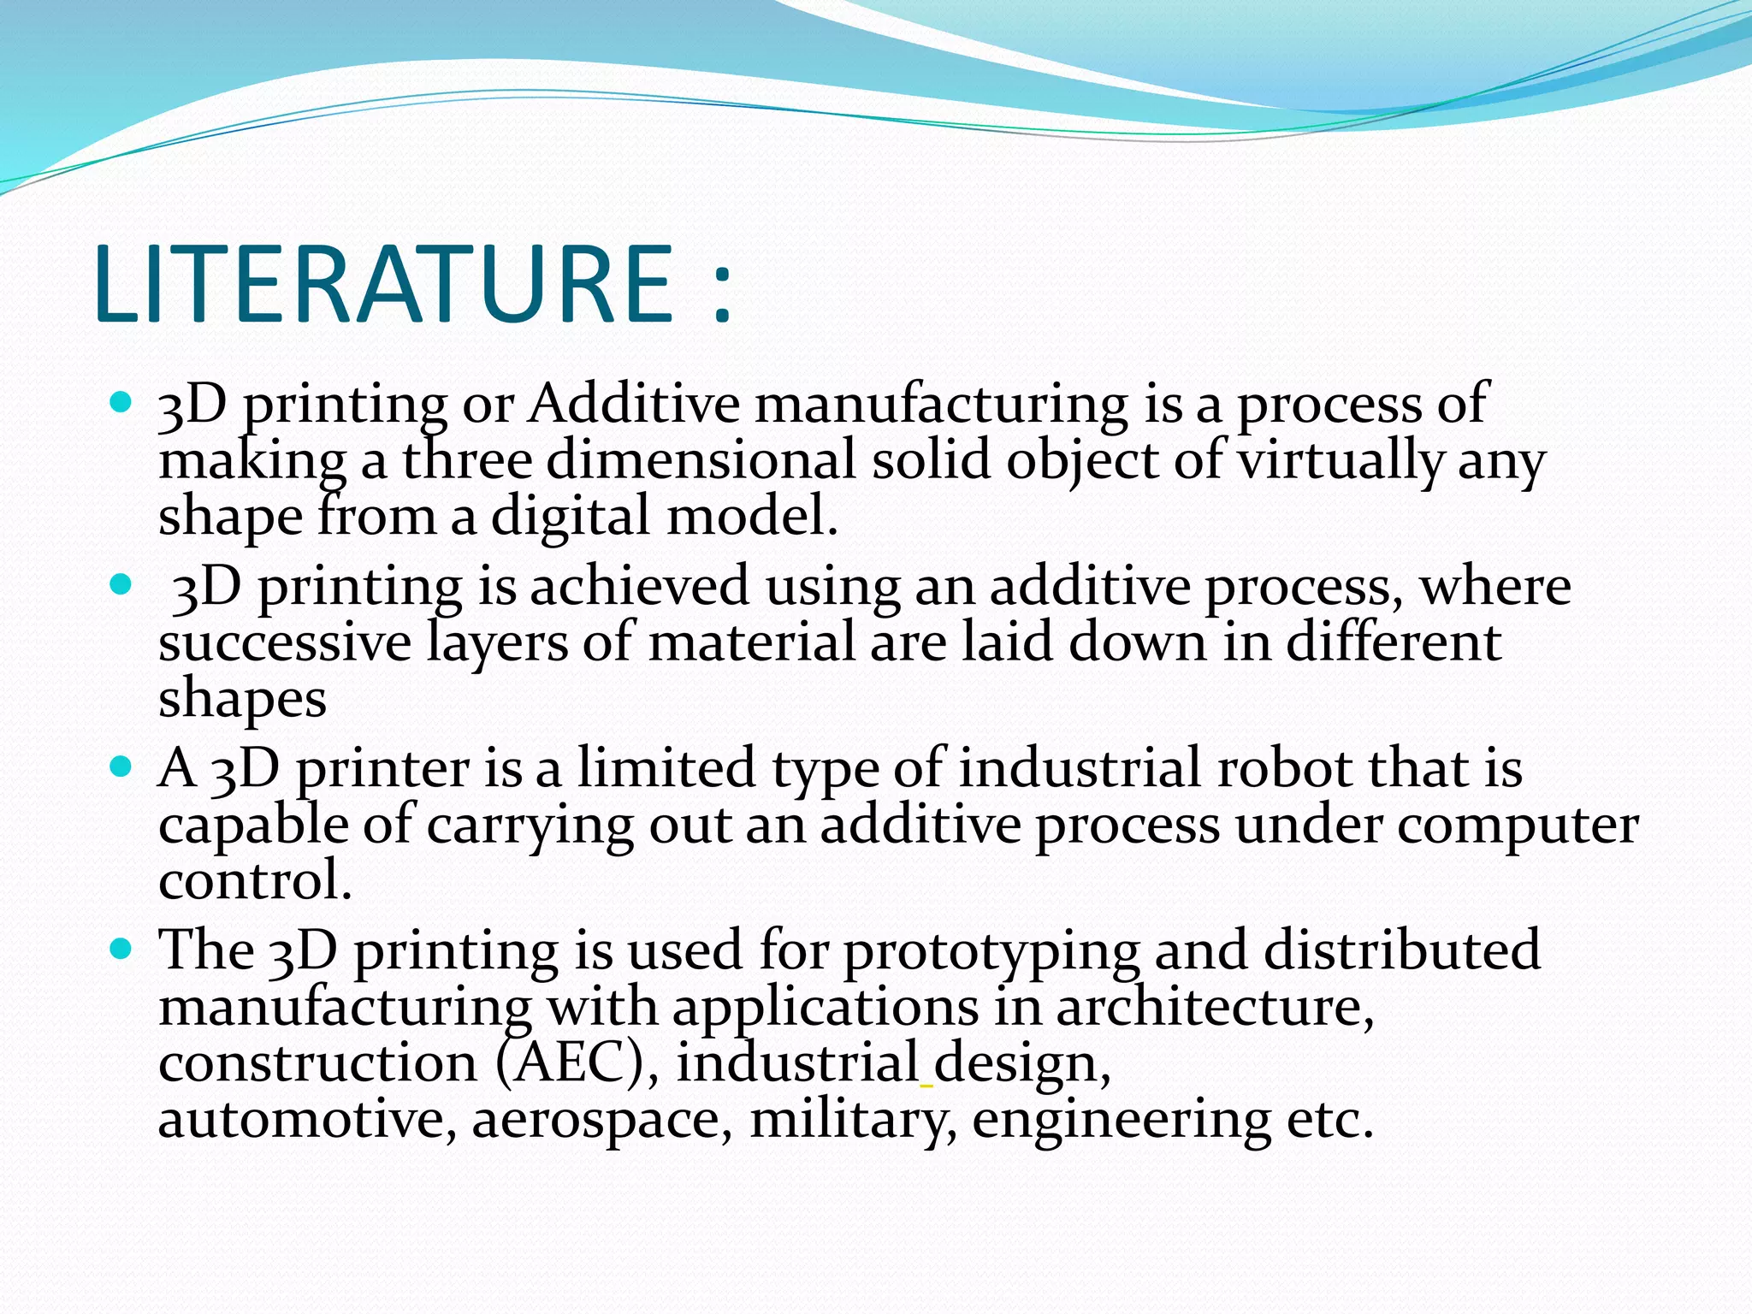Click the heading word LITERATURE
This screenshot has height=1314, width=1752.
tap(385, 284)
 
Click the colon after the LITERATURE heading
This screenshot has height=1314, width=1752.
tap(722, 293)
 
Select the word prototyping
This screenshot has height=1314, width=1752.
tap(991, 951)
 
